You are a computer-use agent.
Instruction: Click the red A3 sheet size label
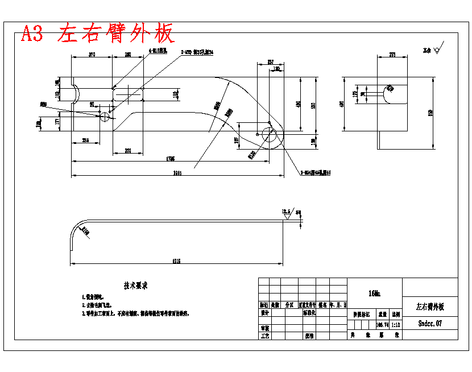tap(32, 34)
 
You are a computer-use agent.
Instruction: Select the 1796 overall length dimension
tap(171, 158)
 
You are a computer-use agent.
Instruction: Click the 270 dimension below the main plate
tap(128, 151)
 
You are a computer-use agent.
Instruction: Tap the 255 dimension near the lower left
tap(85, 139)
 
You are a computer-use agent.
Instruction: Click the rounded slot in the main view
tap(129, 93)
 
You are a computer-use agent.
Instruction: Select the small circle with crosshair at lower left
tap(105, 117)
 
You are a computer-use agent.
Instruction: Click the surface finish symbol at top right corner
tap(436, 50)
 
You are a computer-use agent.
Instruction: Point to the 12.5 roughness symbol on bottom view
tap(287, 212)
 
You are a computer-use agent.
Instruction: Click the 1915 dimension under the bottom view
tap(176, 261)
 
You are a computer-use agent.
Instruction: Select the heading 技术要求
tap(136, 286)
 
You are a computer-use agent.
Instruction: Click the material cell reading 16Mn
tap(374, 294)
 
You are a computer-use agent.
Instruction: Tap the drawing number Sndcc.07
tap(430, 323)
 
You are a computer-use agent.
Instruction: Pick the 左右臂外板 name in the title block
tap(430, 307)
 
